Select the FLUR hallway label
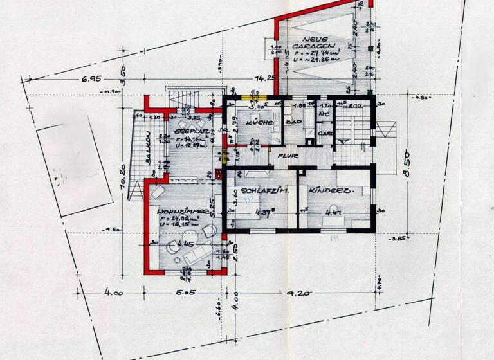tap(285, 156)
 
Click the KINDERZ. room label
tap(333, 191)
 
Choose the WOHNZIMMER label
tap(182, 210)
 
